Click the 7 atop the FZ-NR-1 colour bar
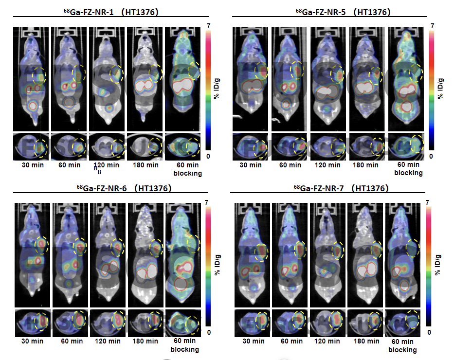point(208,25)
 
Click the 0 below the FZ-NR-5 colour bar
point(432,156)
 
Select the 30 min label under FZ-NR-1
point(32,165)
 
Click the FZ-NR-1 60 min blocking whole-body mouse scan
point(182,78)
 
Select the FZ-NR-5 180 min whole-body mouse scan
point(364,78)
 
